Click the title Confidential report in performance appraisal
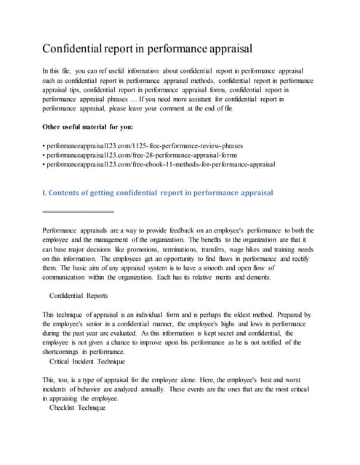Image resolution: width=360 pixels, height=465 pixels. (148, 49)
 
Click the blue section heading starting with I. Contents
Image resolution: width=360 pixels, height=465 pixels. (159, 193)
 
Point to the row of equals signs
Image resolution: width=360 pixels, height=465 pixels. (79, 211)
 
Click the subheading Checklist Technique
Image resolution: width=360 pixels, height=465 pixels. (77, 408)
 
